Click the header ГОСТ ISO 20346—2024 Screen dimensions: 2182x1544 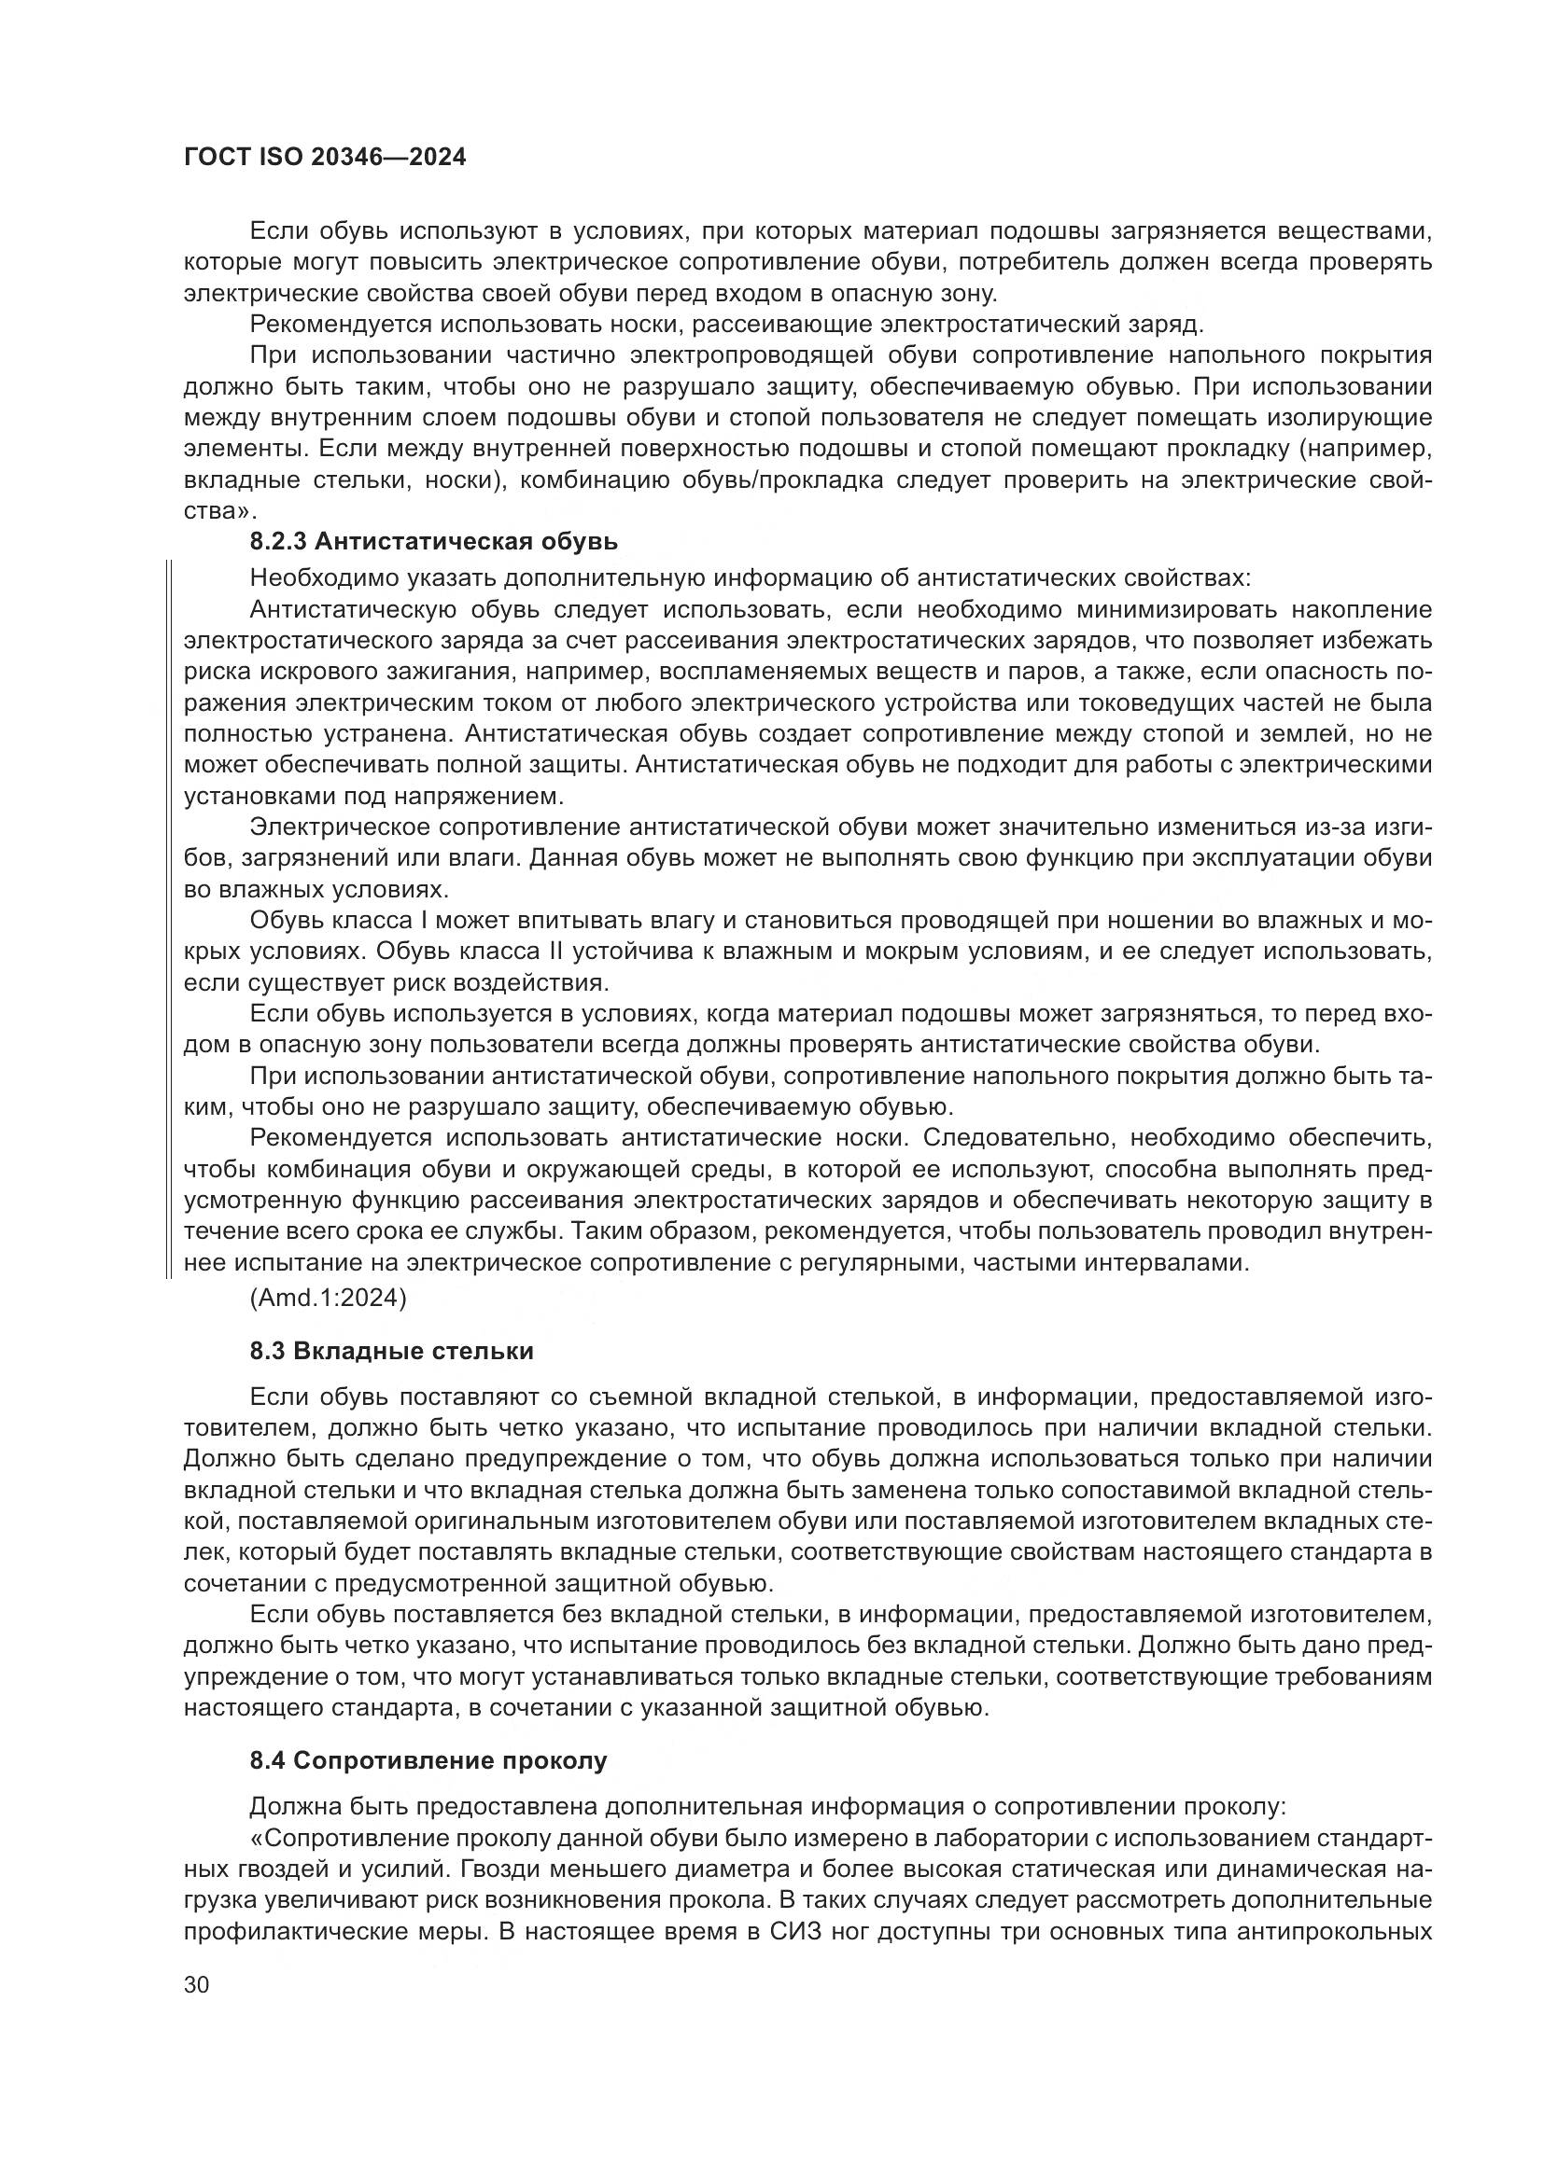pos(324,158)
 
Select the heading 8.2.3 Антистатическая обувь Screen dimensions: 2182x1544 pos(433,542)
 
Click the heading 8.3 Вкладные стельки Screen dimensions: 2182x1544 pos(392,1352)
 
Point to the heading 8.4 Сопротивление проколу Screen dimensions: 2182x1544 pos(428,1761)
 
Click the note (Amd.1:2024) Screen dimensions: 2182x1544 pos(328,1299)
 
